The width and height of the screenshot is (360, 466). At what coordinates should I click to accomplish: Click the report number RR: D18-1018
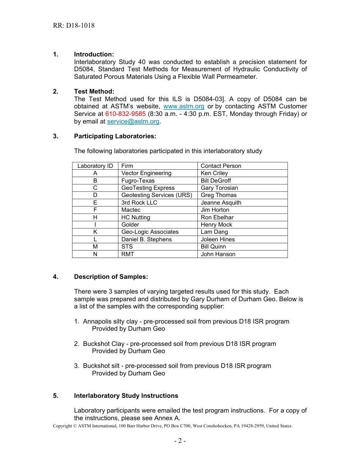[74, 26]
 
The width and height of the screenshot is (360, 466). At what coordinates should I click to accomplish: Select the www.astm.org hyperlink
[183, 106]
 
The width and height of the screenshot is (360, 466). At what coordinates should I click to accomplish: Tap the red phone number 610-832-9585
[125, 114]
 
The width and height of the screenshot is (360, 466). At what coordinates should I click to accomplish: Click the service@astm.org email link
[133, 121]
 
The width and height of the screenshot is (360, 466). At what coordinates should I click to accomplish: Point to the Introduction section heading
[94, 55]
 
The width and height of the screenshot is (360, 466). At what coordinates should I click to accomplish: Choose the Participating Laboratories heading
[115, 136]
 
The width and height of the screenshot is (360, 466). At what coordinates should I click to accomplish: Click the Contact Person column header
[221, 166]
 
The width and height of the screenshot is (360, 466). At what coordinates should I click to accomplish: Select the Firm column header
[127, 166]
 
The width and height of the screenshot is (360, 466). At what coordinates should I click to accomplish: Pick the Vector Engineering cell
[146, 173]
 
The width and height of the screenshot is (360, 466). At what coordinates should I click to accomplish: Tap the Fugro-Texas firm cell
[138, 181]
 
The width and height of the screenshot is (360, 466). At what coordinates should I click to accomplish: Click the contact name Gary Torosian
[219, 188]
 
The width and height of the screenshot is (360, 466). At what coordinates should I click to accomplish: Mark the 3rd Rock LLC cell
[139, 203]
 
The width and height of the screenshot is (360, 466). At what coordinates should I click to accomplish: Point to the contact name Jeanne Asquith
[221, 203]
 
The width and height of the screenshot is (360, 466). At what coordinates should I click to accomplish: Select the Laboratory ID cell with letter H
[95, 217]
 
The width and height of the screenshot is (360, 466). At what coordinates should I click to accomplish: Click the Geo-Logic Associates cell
[150, 232]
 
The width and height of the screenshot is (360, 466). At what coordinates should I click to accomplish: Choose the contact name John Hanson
[218, 254]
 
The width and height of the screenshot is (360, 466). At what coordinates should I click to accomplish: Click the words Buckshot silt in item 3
[102, 366]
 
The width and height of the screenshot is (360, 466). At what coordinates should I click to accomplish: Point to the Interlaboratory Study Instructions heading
[126, 396]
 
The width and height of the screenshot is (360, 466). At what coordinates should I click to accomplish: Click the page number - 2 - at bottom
[180, 441]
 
